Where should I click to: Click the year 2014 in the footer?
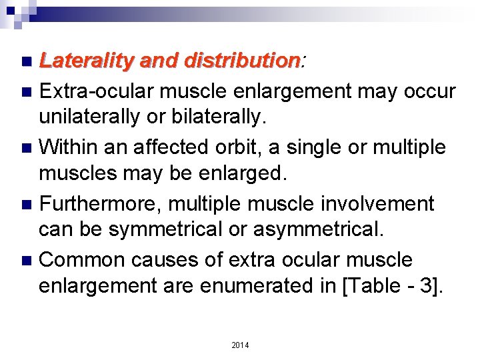pyautogui.click(x=240, y=345)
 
